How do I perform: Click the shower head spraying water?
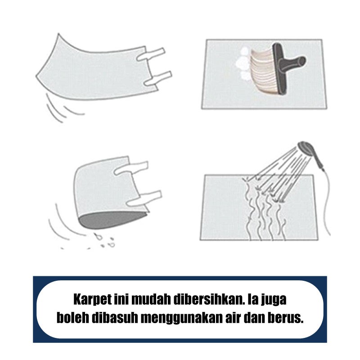[x=305, y=148]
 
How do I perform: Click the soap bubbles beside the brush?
[x=243, y=63]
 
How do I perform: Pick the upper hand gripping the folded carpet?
[x=131, y=168]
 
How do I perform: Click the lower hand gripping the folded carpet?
[x=144, y=198]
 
